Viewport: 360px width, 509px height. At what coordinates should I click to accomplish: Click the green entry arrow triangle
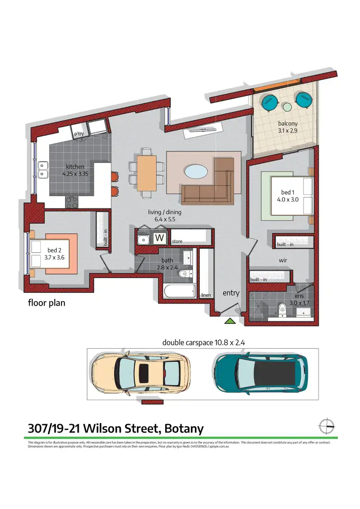[231, 321]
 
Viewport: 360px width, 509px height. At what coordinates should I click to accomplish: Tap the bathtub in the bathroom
[180, 291]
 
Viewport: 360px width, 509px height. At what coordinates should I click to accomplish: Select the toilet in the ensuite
[283, 308]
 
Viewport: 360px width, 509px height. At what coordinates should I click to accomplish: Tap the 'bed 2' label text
[54, 250]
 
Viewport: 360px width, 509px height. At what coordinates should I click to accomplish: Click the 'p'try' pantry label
[78, 134]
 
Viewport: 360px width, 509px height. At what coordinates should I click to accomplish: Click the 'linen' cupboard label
[206, 295]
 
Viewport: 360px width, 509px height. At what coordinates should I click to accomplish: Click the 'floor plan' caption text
[46, 303]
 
